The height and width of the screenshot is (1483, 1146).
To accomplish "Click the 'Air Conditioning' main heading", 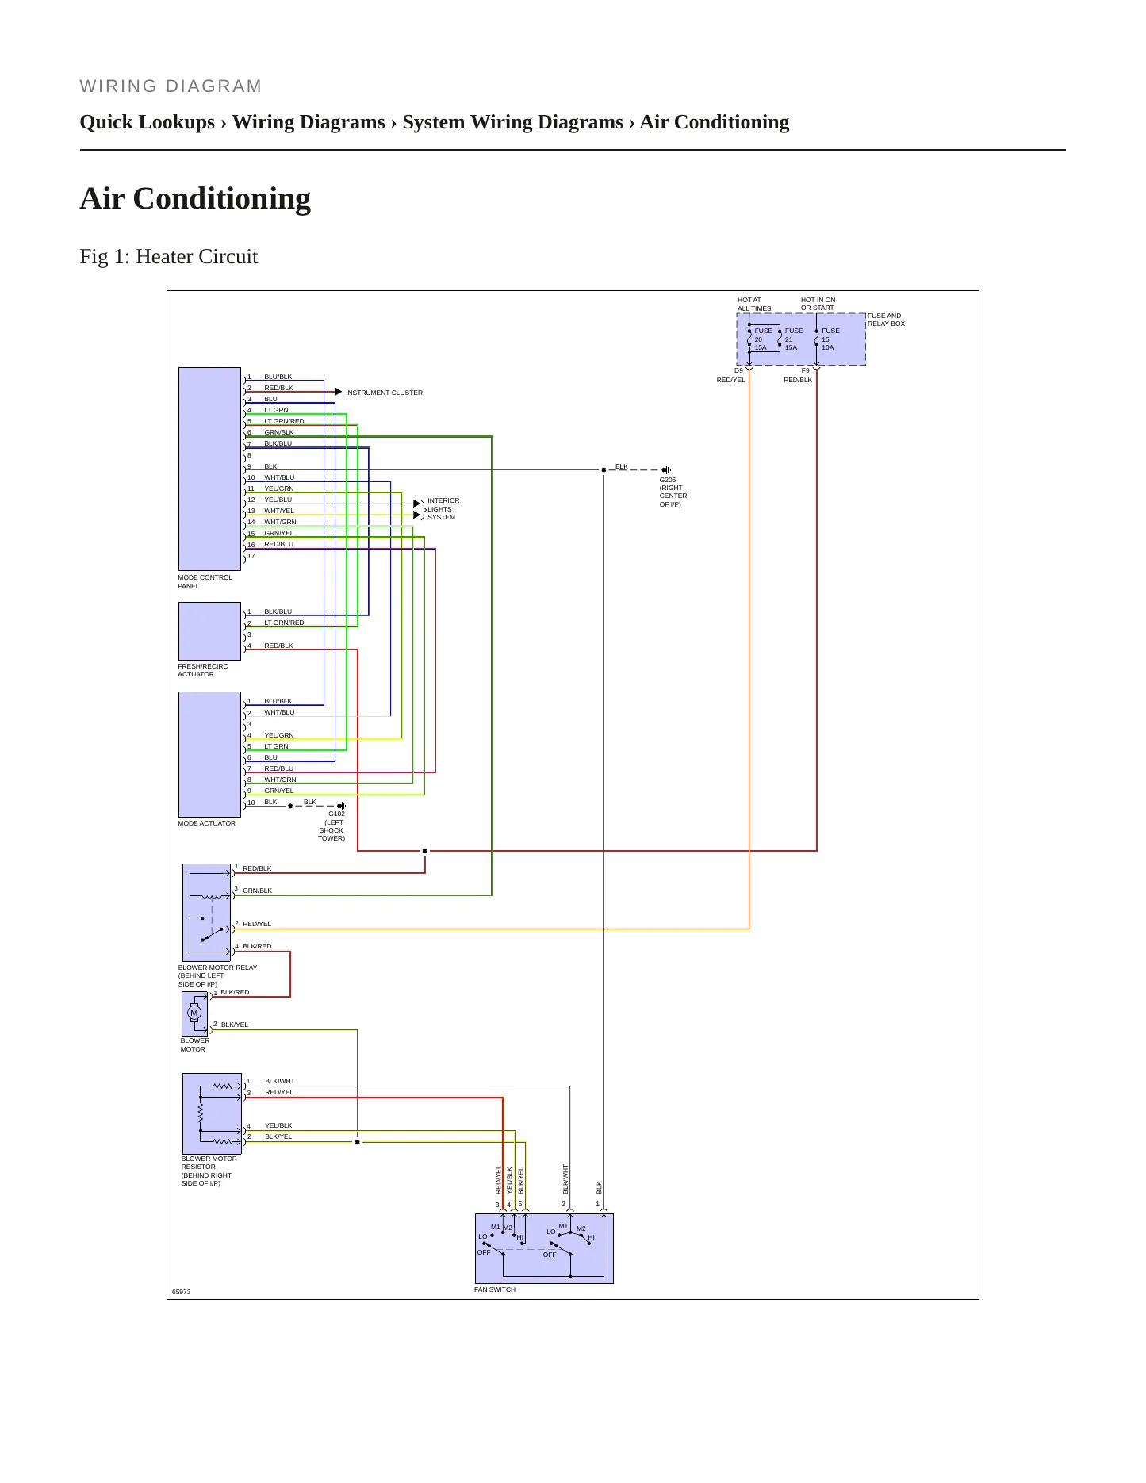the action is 195,198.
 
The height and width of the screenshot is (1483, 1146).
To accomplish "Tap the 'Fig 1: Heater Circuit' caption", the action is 169,256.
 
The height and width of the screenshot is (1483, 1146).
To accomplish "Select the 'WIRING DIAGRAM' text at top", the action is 171,86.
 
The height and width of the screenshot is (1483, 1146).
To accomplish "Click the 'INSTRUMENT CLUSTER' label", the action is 384,393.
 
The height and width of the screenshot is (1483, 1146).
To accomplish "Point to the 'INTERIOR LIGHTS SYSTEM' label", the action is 443,509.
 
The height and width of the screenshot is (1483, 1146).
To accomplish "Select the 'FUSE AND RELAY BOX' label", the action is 886,320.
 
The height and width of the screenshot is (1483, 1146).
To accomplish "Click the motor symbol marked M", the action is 194,1013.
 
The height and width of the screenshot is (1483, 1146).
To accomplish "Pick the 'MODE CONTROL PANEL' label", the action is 205,581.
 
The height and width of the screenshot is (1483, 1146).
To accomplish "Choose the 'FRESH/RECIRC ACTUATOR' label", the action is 203,670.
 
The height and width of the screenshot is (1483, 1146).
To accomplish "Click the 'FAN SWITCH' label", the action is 495,1289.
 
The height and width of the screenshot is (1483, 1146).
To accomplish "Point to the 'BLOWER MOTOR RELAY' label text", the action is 218,968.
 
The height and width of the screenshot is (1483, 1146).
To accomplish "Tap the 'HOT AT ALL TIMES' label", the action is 754,305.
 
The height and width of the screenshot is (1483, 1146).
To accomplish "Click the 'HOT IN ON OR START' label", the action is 818,304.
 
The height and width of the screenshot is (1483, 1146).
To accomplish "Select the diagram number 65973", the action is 182,1292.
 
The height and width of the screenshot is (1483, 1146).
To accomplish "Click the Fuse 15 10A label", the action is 830,339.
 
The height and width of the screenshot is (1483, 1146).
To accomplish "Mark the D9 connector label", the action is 739,370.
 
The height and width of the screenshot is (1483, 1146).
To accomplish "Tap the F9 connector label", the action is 806,370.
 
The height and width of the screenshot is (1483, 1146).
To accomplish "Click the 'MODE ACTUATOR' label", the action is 207,823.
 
